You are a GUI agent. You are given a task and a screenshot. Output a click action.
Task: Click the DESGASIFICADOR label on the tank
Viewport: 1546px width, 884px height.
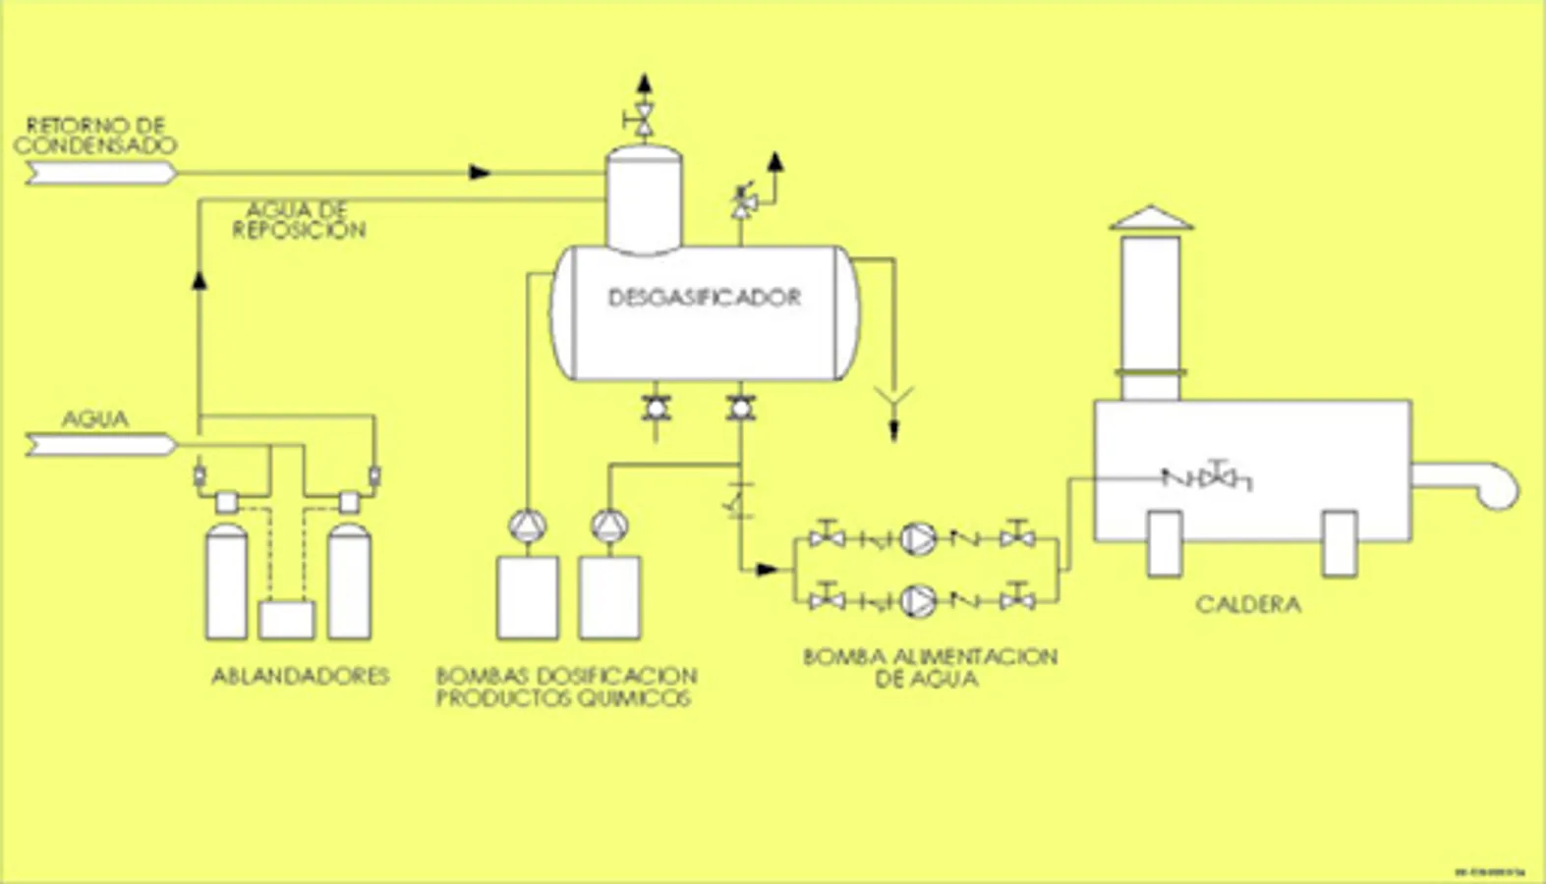(704, 297)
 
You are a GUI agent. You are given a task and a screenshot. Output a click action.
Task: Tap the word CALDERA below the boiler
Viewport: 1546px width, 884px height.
(1248, 604)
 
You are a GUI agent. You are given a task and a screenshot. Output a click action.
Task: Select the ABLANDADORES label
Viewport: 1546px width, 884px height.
(301, 676)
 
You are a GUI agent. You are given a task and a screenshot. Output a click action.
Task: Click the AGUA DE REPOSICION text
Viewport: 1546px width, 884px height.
(299, 220)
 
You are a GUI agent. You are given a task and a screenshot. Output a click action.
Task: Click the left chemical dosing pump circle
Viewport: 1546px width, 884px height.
(528, 526)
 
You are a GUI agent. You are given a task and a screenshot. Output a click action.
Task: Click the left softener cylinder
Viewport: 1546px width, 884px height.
(226, 581)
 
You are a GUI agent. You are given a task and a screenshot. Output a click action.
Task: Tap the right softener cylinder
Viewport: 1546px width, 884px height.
(349, 581)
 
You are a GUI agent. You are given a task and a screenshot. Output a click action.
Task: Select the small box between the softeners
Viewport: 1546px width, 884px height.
(286, 620)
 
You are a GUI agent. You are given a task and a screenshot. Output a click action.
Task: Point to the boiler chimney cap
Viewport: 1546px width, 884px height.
(1151, 218)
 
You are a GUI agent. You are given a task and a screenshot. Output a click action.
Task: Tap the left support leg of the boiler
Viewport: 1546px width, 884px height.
(1165, 543)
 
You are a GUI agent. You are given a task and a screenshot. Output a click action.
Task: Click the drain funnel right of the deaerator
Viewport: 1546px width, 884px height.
(894, 400)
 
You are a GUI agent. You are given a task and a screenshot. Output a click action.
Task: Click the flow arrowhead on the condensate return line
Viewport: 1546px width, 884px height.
(480, 173)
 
